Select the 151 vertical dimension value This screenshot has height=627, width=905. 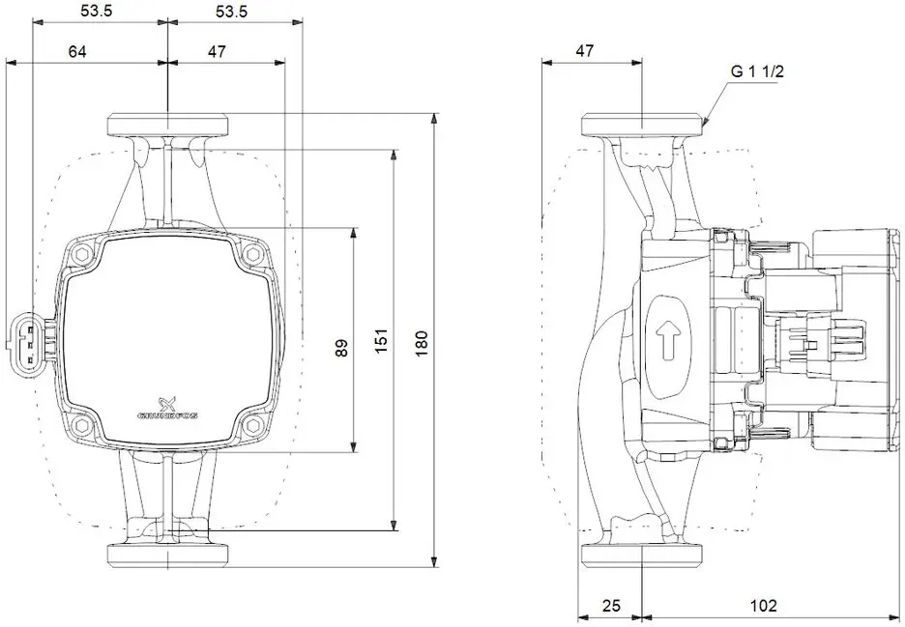[x=381, y=341]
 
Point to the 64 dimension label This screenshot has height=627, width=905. [x=77, y=52]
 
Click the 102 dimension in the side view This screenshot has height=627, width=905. [x=764, y=606]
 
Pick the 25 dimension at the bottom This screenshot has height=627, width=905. [x=611, y=606]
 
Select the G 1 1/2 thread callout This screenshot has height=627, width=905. [x=758, y=71]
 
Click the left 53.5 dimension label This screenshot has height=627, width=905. [x=96, y=11]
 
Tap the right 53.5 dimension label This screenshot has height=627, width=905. [x=231, y=11]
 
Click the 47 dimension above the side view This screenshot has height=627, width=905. [x=585, y=51]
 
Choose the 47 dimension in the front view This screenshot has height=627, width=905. [x=217, y=52]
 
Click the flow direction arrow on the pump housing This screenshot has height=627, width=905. [x=668, y=340]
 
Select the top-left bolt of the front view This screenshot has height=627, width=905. [x=81, y=254]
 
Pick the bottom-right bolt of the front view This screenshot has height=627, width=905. [x=251, y=426]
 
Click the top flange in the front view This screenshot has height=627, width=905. [x=167, y=125]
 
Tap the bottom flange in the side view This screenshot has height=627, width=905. [x=642, y=555]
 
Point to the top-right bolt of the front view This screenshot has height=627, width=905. [x=251, y=254]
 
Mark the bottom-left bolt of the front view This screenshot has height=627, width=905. [x=81, y=426]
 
